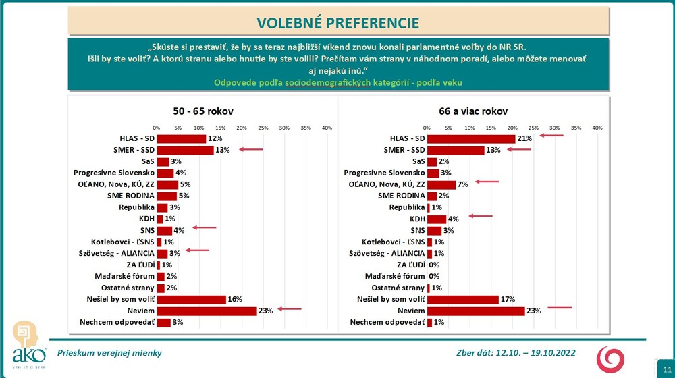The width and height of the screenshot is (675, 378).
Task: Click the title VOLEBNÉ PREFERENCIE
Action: (x=337, y=22)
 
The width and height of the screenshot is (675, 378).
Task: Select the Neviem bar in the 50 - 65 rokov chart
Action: (x=206, y=310)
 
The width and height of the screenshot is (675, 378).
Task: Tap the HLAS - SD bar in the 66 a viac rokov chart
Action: (x=471, y=138)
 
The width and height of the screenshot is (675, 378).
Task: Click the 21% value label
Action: (x=524, y=138)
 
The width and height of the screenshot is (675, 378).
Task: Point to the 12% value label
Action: (x=215, y=138)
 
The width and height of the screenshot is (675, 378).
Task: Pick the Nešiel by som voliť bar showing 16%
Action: (x=191, y=299)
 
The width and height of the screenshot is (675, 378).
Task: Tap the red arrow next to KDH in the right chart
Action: (x=481, y=216)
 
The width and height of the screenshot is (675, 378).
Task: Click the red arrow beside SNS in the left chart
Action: (x=204, y=227)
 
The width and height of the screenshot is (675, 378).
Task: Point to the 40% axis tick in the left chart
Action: (x=327, y=128)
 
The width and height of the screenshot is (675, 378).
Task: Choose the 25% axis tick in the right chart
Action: (x=533, y=128)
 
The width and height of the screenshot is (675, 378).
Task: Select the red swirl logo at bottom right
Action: (x=612, y=357)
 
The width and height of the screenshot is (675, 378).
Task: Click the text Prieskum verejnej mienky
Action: (x=109, y=353)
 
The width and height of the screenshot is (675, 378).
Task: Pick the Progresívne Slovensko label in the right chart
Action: (x=384, y=173)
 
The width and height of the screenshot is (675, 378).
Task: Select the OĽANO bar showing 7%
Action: (x=441, y=184)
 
